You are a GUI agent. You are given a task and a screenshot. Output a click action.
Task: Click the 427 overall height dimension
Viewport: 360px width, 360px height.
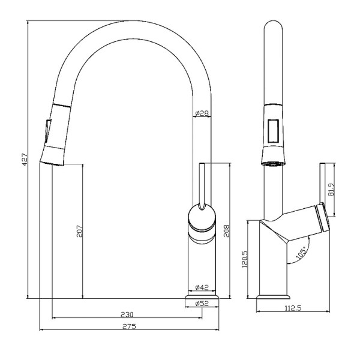25,160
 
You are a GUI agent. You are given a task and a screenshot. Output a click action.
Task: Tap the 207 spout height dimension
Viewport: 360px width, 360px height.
79,230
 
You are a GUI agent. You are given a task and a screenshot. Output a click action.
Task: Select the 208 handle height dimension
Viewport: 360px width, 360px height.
227,230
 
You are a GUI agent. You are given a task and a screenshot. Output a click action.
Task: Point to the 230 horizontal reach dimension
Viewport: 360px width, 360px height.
126,314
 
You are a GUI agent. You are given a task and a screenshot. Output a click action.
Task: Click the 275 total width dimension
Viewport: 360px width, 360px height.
129,326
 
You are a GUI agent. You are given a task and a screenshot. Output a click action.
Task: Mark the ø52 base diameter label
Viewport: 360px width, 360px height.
202,304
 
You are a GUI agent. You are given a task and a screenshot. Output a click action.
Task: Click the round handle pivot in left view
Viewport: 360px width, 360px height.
201,217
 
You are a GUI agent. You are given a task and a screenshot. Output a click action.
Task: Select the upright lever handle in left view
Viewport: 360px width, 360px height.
202,183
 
